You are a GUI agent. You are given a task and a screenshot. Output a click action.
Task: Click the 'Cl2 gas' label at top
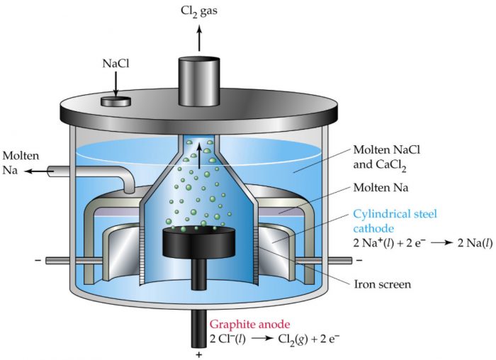point(200,13)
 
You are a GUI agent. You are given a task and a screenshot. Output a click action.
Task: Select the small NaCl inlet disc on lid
point(115,101)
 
